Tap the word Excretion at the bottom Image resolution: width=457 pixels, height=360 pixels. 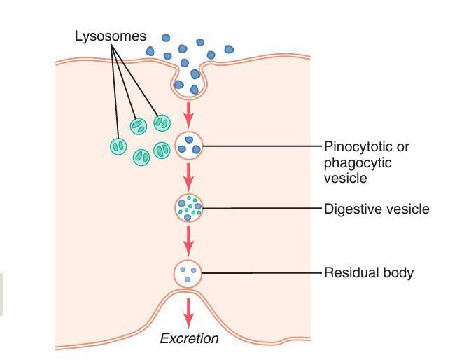point(189,339)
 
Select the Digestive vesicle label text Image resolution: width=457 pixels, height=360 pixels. point(377,209)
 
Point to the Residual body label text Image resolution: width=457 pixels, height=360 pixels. point(368,272)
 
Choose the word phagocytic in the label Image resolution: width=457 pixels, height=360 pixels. point(357,162)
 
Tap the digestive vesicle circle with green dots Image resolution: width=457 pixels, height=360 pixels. point(188,207)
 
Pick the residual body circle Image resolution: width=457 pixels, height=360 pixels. point(188,273)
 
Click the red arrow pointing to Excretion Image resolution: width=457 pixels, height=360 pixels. point(188,312)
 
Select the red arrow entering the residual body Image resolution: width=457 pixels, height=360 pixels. point(188,242)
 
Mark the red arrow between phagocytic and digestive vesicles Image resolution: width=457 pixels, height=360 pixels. point(188,177)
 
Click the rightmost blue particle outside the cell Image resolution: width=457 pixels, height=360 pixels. point(229,49)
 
